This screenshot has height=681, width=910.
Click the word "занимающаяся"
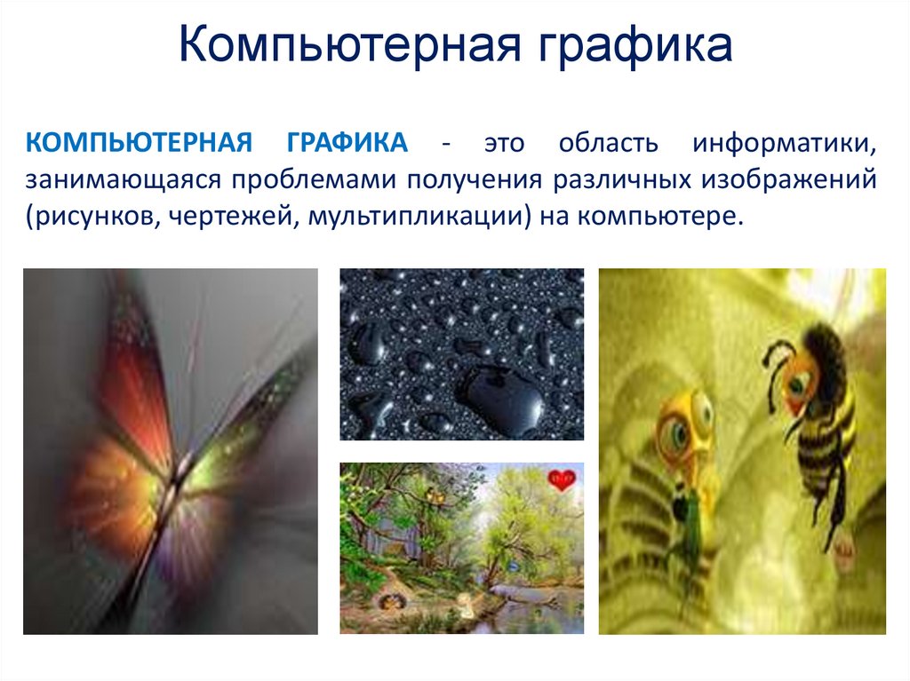pos(120,180)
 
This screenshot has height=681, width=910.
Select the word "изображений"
pos(787,180)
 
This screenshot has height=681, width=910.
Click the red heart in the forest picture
pos(561,481)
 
